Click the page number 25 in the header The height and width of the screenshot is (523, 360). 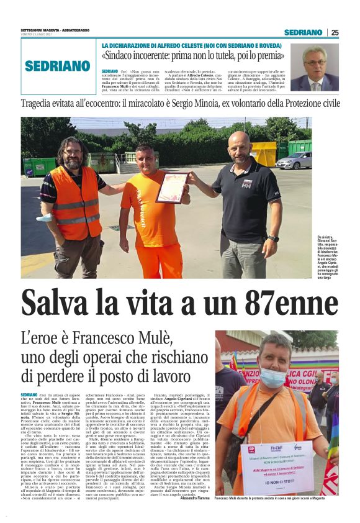click(x=335, y=32)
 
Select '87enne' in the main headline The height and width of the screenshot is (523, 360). click(x=274, y=302)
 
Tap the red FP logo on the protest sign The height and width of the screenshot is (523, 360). click(x=252, y=448)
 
